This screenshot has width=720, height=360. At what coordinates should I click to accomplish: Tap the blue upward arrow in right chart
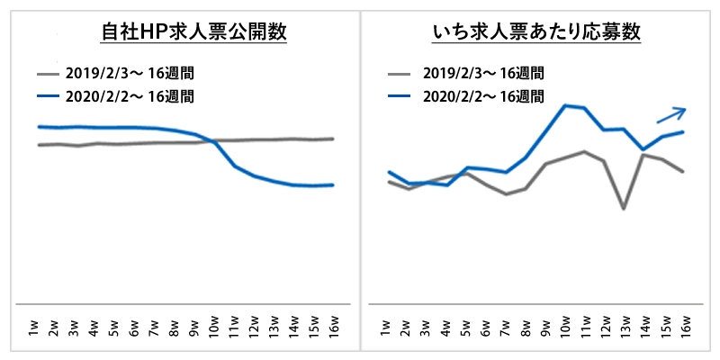[x=671, y=114]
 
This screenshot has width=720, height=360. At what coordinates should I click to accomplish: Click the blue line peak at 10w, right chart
[x=564, y=105]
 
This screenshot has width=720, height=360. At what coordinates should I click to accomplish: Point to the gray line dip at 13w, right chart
[x=624, y=209]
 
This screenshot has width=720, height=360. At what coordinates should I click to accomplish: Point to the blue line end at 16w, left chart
[x=334, y=185]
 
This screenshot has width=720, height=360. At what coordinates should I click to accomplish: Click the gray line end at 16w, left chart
[x=334, y=139]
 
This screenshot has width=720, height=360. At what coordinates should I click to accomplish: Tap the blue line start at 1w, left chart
[x=38, y=127]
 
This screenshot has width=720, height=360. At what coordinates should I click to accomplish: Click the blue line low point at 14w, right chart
[x=643, y=149]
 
